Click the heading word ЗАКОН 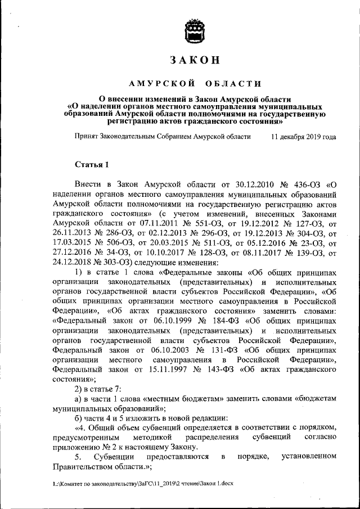coord(195,60)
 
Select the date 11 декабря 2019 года coord(303,137)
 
